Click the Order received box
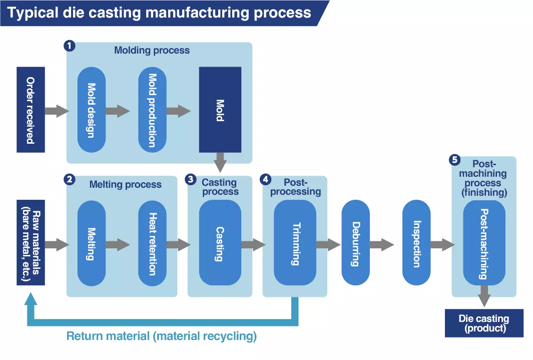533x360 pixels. pos(31,110)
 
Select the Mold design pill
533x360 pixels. pos(92,110)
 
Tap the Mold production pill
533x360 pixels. pos(152,110)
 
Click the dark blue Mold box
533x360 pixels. pos(220,110)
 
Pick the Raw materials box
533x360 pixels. pos(31,242)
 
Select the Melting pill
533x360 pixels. pos(92,243)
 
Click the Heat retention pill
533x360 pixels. pos(152,243)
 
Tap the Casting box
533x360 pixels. pos(220,243)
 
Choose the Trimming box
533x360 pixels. pos(295,243)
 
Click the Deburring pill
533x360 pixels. pos(355,243)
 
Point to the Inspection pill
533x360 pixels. pos(416,243)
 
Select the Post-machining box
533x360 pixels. pos(483,243)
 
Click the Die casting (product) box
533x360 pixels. pos(483,323)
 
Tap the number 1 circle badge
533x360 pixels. pos(70,46)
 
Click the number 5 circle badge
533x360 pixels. pos(455,160)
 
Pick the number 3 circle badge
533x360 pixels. pos(190,179)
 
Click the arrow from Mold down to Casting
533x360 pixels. pos(220,163)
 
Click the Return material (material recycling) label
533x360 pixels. pos(162,336)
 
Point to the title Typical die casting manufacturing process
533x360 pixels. pos(159,13)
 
